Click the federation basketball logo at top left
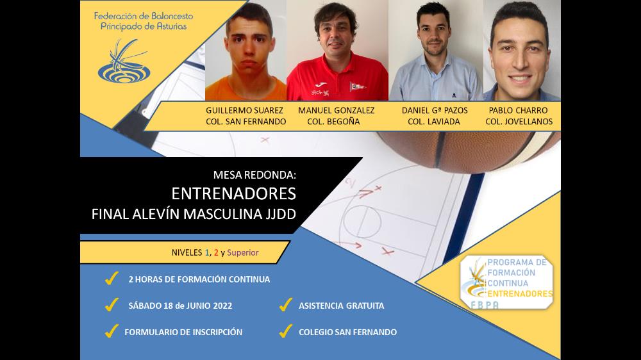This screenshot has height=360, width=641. click(124, 61)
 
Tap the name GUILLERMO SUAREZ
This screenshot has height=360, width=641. click(244, 110)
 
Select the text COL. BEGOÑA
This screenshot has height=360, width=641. click(333, 121)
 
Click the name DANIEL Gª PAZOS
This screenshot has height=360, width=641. click(435, 110)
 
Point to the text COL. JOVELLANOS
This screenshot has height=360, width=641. click(519, 121)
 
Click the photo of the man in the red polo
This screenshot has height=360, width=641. click(337, 50)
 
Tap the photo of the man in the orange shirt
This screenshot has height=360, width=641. click(246, 50)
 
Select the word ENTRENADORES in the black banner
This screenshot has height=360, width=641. click(233, 193)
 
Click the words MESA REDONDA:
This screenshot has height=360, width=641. click(254, 175)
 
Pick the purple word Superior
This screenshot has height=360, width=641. click(243, 252)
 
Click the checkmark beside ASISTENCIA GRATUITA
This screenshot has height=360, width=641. click(285, 304)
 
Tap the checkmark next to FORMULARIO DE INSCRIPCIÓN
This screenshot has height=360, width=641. click(112, 331)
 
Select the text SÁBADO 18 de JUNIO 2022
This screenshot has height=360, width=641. click(180, 306)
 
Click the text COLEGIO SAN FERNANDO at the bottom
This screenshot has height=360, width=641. click(347, 332)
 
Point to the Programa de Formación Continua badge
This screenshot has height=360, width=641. click(506, 282)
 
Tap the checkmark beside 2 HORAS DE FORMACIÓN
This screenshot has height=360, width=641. click(112, 278)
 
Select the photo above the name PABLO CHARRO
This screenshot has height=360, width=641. click(522, 50)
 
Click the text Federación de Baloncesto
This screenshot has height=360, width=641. click(144, 17)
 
